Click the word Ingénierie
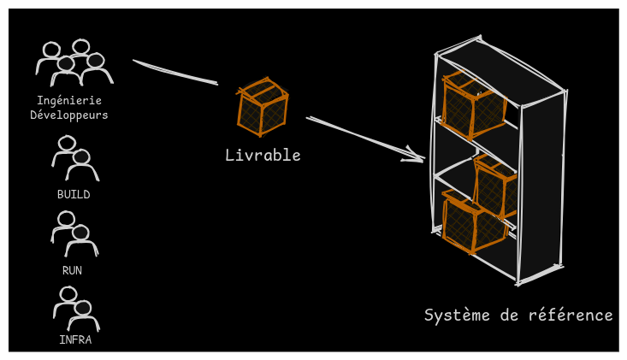69,100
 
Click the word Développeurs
69,115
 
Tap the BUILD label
74,194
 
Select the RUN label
73,270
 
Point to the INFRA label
75,339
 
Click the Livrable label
263,155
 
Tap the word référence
572,315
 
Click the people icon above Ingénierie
74,62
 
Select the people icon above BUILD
74,158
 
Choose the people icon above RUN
74,233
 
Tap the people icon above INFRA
76,309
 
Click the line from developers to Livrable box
175,73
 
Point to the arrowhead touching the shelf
417,156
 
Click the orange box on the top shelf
472,106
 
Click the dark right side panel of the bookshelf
542,184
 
